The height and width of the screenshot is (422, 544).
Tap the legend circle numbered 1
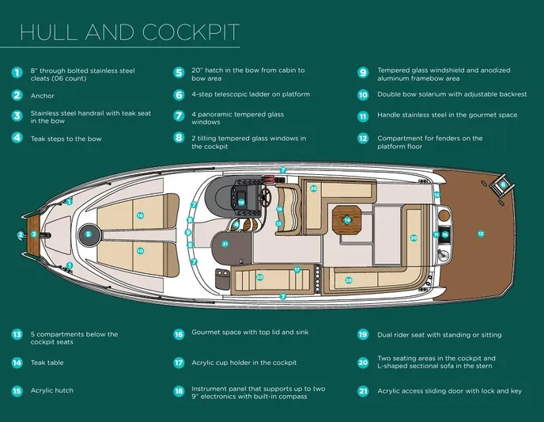click(17, 73)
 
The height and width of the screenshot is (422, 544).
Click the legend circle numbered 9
click(363, 73)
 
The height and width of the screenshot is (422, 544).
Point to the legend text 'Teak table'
click(47, 363)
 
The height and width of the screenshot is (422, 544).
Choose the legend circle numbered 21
click(363, 391)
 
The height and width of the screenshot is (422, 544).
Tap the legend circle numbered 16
click(179, 334)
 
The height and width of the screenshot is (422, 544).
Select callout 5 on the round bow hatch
click(89, 234)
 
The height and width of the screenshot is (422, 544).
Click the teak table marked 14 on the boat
click(347, 219)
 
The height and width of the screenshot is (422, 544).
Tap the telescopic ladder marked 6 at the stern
click(500, 186)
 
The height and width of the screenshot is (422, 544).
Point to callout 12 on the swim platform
click(480, 234)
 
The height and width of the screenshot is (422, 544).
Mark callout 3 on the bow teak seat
click(33, 234)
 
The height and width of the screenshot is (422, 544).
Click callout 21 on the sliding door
click(225, 244)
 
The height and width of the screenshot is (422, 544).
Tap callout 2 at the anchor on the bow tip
click(21, 234)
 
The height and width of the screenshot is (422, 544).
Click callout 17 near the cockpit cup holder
click(297, 269)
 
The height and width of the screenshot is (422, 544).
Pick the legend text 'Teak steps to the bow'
click(66, 139)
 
